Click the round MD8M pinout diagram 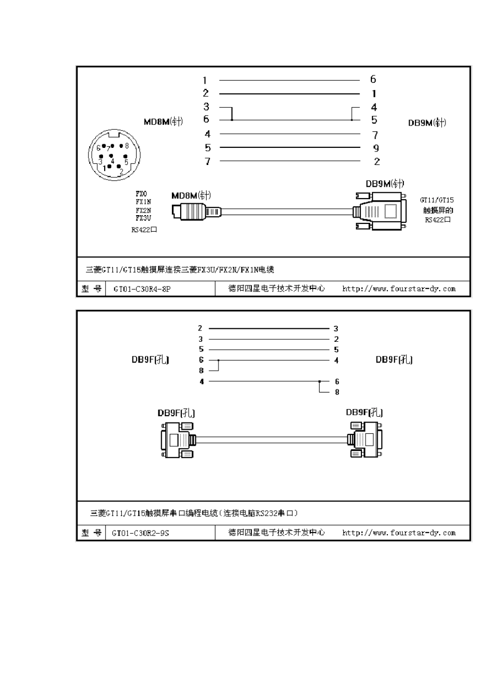pyautogui.click(x=113, y=156)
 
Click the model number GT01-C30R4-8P pyautogui.click(x=141, y=289)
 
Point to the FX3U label pyautogui.click(x=143, y=218)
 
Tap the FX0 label pyautogui.click(x=141, y=194)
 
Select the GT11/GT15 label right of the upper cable pyautogui.click(x=437, y=200)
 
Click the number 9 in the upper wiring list pyautogui.click(x=376, y=148)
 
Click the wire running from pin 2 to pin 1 pyautogui.click(x=289, y=94)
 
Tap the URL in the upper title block pyautogui.click(x=399, y=289)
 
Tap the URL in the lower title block pyautogui.click(x=399, y=533)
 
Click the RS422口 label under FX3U pyautogui.click(x=144, y=230)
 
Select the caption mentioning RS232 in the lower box pyautogui.click(x=194, y=513)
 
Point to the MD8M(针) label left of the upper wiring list pyautogui.click(x=163, y=122)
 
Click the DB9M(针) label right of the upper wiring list pyautogui.click(x=427, y=123)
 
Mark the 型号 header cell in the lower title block pyautogui.click(x=91, y=533)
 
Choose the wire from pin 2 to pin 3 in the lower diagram pyautogui.click(x=269, y=328)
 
